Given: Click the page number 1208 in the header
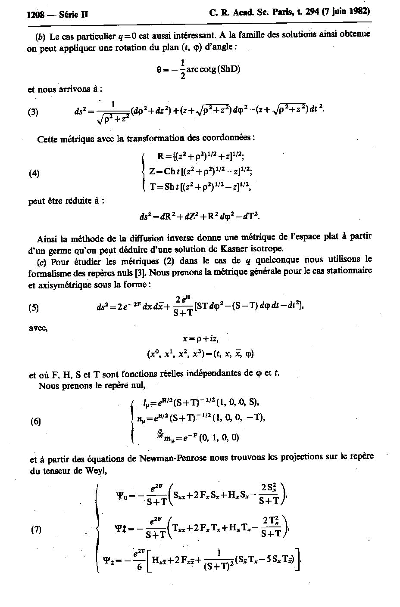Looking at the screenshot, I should (x=35, y=15).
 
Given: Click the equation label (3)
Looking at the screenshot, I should (x=33, y=112).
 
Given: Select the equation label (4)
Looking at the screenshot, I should (x=34, y=173).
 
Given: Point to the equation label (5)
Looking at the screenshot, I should (x=34, y=307).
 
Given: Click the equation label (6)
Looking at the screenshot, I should (x=35, y=421).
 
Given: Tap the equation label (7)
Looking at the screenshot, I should (x=36, y=529).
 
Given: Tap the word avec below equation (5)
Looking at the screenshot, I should (x=38, y=328).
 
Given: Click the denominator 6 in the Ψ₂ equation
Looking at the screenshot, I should (x=139, y=567).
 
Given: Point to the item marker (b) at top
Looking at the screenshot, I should (x=41, y=37).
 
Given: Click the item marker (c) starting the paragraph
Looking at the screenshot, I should (x=42, y=262).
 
